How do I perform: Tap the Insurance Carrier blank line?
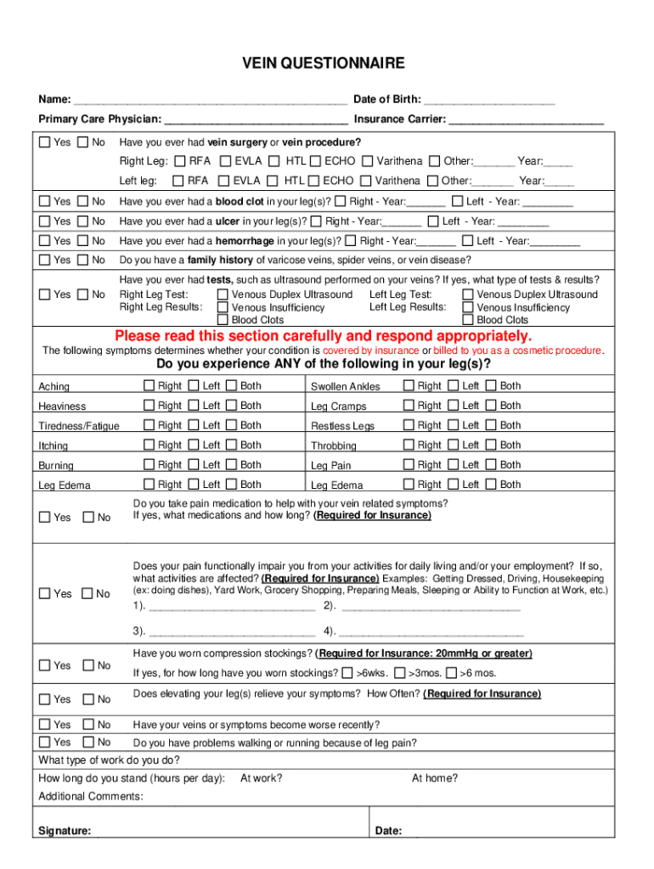[526, 121]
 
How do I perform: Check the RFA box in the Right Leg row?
[180, 161]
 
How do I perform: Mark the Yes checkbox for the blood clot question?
[45, 201]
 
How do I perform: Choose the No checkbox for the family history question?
[82, 260]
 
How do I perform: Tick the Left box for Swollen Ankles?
[451, 386]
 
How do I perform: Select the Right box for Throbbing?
[409, 445]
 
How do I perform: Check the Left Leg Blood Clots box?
[467, 320]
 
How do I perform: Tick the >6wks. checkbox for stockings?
[347, 673]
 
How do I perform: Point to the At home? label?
[434, 778]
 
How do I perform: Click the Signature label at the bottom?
[65, 832]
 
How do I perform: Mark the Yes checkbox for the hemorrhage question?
[45, 241]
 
